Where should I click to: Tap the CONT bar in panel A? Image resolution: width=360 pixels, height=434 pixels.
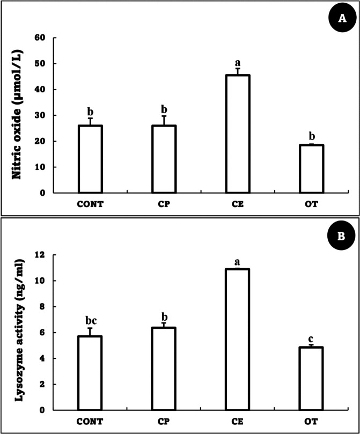[x=90, y=159]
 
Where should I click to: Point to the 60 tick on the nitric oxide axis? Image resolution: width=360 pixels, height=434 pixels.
[x=39, y=38]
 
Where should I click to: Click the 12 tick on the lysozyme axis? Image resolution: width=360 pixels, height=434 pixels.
[x=39, y=255]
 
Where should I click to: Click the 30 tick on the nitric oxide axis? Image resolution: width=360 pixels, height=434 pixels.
[x=39, y=115]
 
